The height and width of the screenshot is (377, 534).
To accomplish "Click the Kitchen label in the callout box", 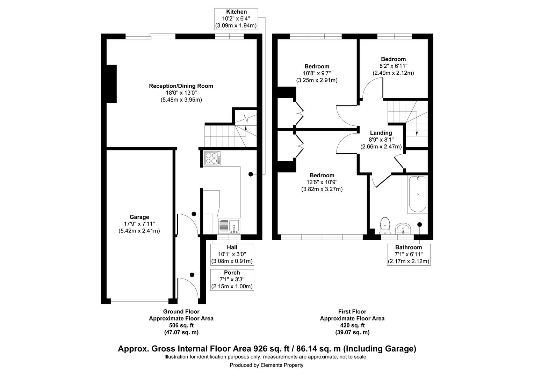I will pos(236,12).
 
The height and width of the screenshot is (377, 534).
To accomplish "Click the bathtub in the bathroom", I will pos(417,194).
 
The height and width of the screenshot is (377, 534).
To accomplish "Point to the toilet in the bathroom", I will pos(385,225).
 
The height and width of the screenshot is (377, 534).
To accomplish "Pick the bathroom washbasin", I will pos(403,229).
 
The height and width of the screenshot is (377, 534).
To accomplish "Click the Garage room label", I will pos(139,217).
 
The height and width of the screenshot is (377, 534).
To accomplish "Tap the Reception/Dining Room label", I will pos(181,86).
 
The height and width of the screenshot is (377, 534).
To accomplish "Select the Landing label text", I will pos(381,133).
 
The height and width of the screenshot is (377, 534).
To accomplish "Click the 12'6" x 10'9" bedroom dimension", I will pos(322,182).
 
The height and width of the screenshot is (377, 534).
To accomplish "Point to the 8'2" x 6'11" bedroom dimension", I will pos(393,66).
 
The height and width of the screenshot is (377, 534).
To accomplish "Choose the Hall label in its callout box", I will pos(232,247).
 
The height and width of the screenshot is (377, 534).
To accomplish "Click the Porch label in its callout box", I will pos(232,273).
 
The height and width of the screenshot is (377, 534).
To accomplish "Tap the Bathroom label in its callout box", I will pos(408,247).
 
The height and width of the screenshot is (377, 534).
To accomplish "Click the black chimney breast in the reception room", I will pos(111,84).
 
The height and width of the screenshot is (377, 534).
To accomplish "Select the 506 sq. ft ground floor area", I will pos(181,325).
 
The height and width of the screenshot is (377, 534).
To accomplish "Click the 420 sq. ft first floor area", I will pos(352,325).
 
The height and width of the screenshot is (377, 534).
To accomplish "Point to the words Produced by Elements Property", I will pos(266,365).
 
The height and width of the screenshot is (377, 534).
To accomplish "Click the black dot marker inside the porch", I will pos(192,275).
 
